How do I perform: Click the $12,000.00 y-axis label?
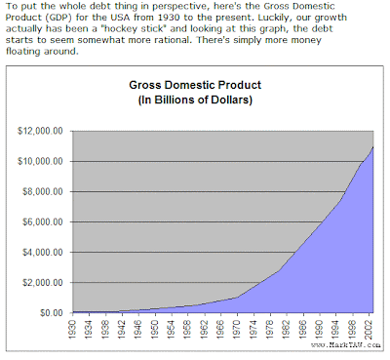click(40, 131)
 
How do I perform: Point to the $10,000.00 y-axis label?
click(40, 161)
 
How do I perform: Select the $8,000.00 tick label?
click(43, 191)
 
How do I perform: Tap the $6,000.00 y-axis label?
click(43, 221)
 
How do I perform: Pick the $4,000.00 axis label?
click(43, 252)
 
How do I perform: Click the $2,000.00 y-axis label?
click(43, 282)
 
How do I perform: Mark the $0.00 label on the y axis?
click(52, 312)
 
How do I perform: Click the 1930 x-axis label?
click(72, 330)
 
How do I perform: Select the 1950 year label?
click(155, 330)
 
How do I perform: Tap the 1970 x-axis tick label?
click(237, 330)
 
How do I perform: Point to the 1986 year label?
click(303, 330)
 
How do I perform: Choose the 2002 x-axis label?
click(370, 330)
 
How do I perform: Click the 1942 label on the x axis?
click(122, 330)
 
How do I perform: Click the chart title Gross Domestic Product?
click(195, 85)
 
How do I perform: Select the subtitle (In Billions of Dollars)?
click(195, 100)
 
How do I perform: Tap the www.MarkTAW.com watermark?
click(345, 344)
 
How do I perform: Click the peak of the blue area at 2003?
click(373, 147)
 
